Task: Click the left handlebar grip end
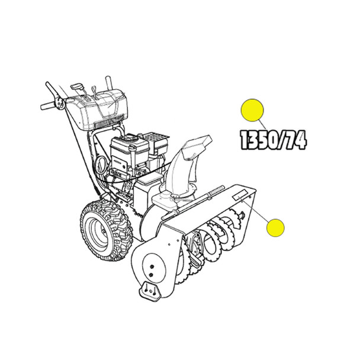[x=45, y=107]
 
